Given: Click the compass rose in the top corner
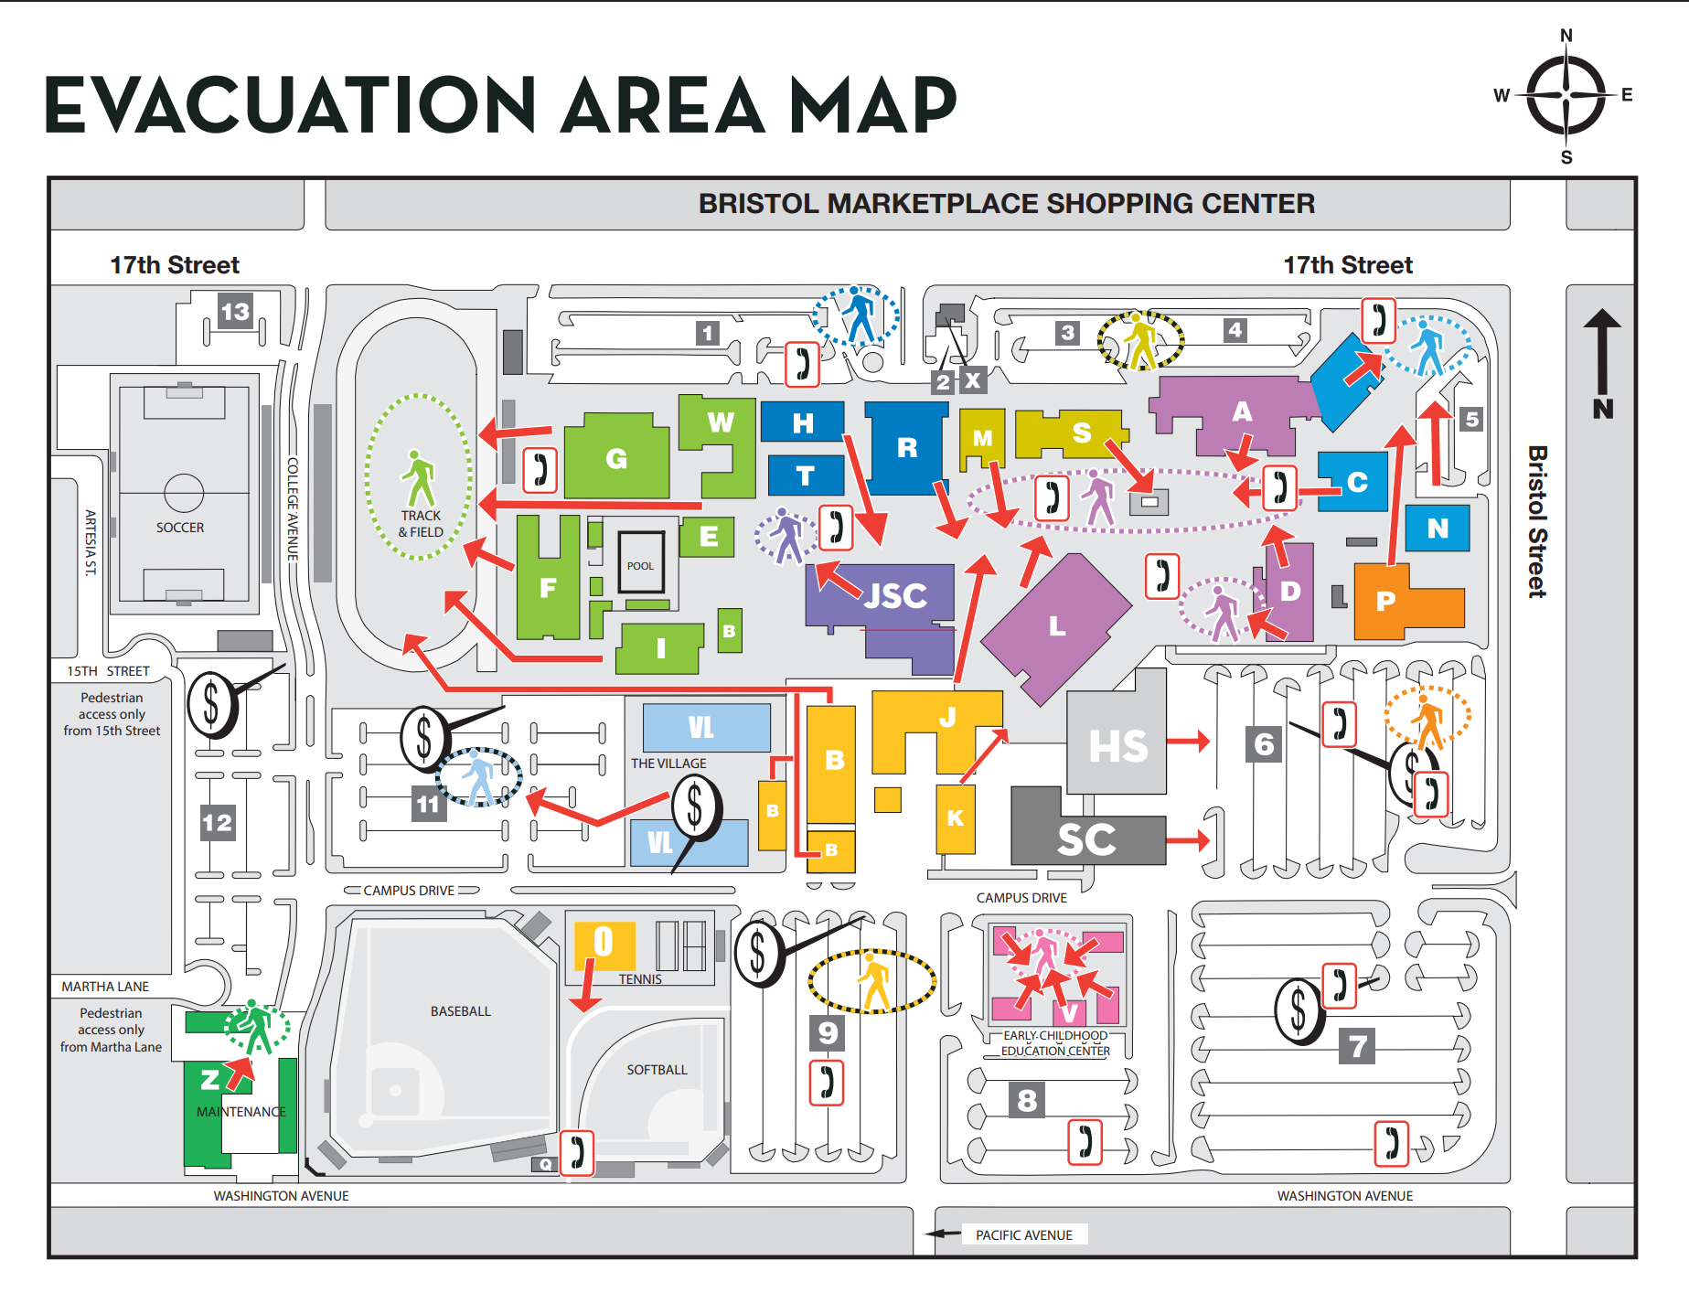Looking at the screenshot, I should coord(1566,95).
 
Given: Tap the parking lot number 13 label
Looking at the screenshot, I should coord(235,312).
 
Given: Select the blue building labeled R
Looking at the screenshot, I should coord(906,447).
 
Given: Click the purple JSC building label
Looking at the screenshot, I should coord(895,596).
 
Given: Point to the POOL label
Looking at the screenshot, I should coord(640,566).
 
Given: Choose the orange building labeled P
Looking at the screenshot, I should coord(1386,601).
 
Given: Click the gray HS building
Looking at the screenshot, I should coord(1117,746).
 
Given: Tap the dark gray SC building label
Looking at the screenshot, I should coord(1086,839).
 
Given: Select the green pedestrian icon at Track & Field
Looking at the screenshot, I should coord(419,478).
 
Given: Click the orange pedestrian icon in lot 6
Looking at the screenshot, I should coord(1427,720).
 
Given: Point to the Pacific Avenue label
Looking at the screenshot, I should coord(1023,1235).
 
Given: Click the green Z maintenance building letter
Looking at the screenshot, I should coord(210,1080).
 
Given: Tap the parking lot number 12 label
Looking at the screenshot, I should coord(218,822).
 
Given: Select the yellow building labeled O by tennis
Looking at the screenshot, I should coord(604,942).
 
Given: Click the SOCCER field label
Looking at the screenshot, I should coord(180,528).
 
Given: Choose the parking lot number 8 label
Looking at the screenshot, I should coord(1027,1100).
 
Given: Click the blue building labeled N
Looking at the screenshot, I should coord(1438,528).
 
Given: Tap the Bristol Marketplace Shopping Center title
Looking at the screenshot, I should coord(1006,203).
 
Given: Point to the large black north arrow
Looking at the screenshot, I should coord(1602,361).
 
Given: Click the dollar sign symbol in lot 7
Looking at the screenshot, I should coord(1299,1010).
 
